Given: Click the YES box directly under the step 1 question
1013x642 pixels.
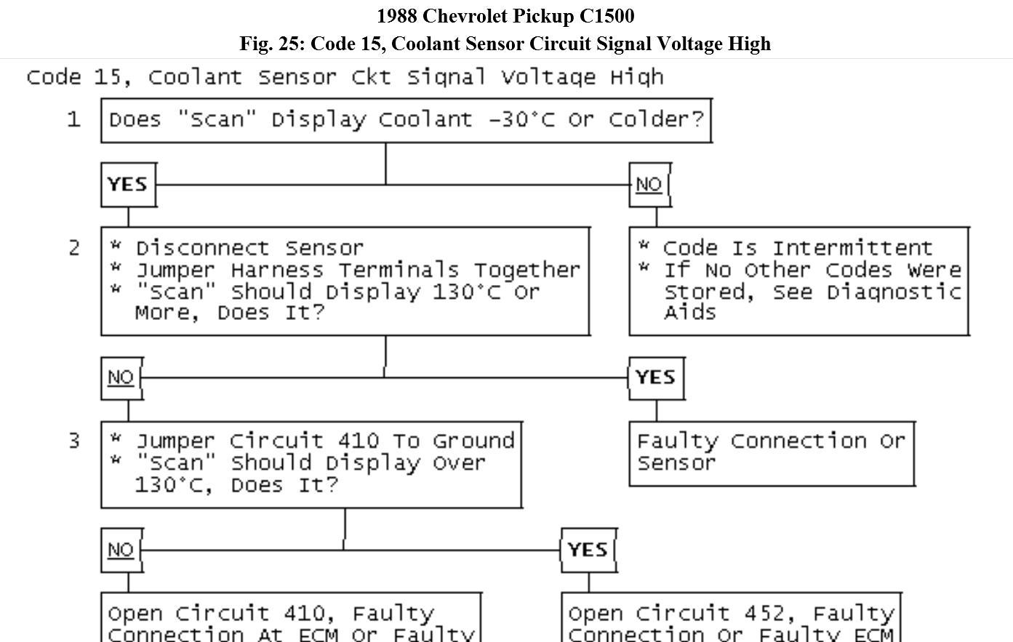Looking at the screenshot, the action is coord(128,185).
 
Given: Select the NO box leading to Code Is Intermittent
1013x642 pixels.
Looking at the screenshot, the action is coord(649,185).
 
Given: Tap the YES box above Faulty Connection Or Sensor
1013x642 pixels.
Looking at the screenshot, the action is coord(655,377).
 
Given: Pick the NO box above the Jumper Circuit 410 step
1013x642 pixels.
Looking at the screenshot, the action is coord(121,377).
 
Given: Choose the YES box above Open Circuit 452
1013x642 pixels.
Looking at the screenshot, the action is coord(588,550).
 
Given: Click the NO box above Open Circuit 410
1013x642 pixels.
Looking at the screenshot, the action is coord(121,550).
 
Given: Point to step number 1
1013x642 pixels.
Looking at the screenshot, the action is coord(73,120).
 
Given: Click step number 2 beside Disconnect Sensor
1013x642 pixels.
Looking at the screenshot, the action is coord(73,248).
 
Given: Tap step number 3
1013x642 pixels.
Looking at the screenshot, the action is coord(73,441).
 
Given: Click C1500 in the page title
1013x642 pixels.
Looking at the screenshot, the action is coord(606,16).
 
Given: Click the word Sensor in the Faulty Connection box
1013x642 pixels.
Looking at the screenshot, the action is coord(676,463).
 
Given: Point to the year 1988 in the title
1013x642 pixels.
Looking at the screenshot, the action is coord(396,16).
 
